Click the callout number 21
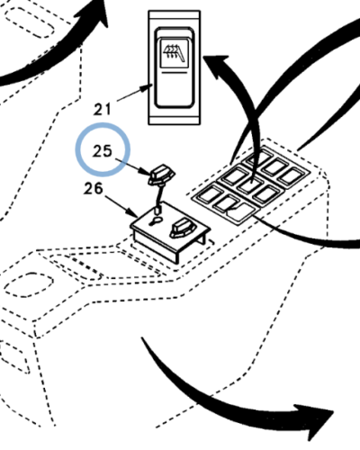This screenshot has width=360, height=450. point(102,109)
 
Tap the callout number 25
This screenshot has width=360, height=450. point(103,151)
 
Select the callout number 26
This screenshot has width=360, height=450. point(94,189)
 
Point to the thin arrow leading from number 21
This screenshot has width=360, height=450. point(134,93)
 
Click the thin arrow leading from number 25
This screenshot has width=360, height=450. point(132,166)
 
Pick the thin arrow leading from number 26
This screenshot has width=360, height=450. point(121,206)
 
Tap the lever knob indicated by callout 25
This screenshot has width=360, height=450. point(161,175)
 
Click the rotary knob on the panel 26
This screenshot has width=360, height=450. point(181,229)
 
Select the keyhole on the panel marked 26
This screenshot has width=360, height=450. point(156,221)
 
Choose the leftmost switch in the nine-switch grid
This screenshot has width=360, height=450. point(208,193)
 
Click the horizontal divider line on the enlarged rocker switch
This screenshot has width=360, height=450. point(174,73)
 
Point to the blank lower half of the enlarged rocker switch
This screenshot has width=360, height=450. point(174,90)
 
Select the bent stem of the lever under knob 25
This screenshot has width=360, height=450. point(159,196)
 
